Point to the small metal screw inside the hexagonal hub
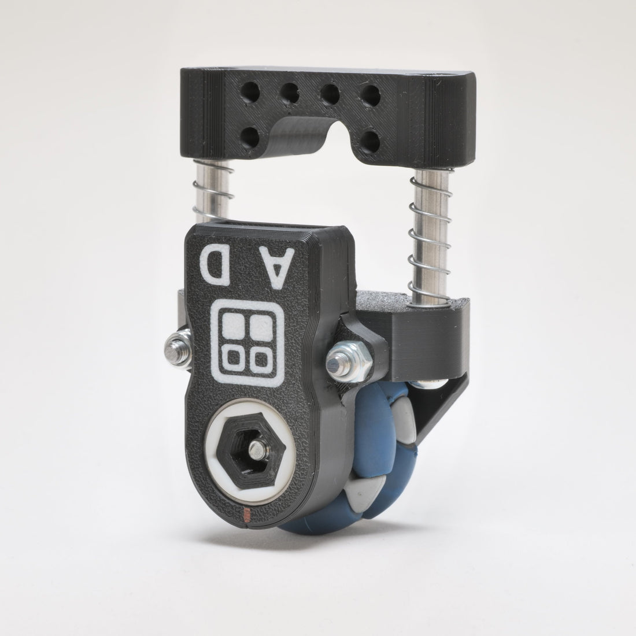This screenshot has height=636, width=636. [x=257, y=449]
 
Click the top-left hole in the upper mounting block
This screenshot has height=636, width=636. [x=250, y=92]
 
